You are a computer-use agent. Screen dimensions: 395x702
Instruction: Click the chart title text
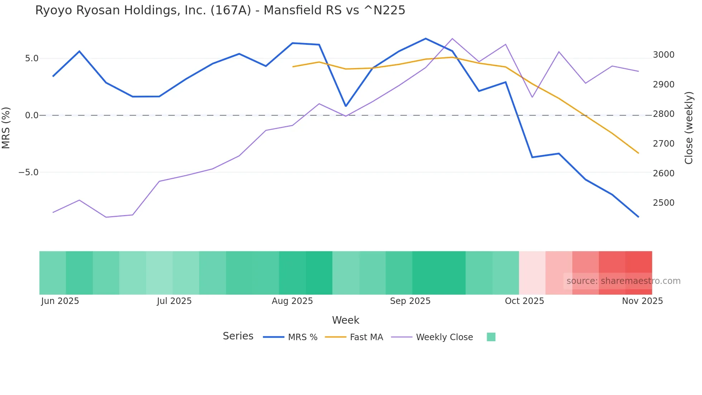[220, 10]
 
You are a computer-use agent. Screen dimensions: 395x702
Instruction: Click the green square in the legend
[491, 337]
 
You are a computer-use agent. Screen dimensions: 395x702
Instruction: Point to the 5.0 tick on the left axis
[32, 58]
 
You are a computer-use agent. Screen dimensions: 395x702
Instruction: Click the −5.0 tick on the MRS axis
[28, 172]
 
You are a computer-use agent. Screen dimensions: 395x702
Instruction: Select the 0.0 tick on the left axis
[32, 115]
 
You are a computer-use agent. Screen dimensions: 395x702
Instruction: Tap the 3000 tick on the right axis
[663, 55]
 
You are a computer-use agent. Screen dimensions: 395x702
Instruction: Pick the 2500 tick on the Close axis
[663, 203]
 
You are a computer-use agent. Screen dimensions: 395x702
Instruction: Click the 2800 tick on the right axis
[663, 114]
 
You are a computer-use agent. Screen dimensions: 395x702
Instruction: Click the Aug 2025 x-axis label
[292, 301]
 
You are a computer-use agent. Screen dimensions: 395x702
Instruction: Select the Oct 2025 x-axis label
[524, 301]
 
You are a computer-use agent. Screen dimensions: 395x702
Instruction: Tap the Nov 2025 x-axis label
[642, 301]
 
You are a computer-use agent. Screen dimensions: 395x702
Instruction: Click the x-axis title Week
[345, 320]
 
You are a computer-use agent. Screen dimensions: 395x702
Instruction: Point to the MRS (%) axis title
[6, 128]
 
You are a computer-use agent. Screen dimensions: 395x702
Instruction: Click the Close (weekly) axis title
[689, 128]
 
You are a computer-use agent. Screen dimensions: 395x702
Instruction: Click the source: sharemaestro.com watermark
[623, 281]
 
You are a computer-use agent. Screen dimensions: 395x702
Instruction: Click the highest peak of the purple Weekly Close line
[452, 39]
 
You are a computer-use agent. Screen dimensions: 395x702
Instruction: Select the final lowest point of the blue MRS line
[638, 217]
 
